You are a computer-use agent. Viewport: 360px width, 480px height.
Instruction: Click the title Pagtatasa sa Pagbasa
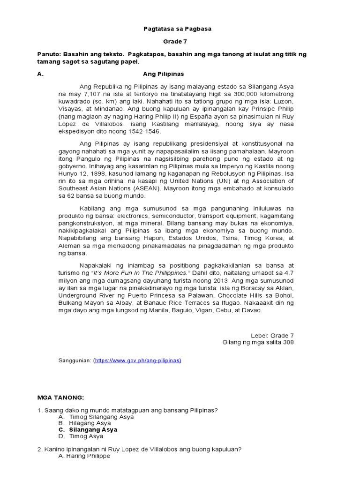pyautogui.click(x=177, y=29)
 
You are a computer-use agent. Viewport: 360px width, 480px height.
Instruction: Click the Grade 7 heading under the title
pyautogui.click(x=177, y=42)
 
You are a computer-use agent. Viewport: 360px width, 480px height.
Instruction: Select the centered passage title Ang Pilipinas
pyautogui.click(x=163, y=74)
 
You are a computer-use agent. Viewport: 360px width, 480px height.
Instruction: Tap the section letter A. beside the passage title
pyautogui.click(x=40, y=74)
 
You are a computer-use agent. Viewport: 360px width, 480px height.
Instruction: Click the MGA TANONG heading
pyautogui.click(x=60, y=397)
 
